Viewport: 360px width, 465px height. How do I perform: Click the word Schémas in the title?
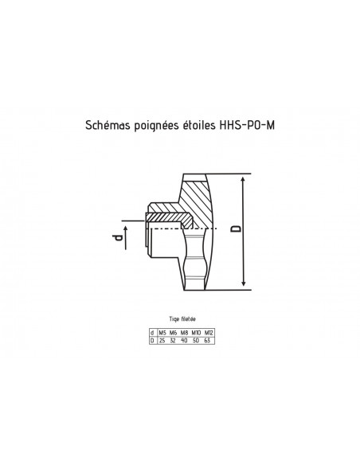click(108, 125)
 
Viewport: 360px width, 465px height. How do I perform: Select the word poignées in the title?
click(156, 126)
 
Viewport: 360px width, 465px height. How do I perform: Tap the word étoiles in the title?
click(198, 125)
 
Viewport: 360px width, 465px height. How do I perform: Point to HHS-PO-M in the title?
click(248, 125)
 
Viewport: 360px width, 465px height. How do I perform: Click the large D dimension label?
click(237, 229)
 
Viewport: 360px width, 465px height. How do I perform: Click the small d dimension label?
click(117, 237)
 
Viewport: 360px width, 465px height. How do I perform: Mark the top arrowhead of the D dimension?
click(244, 180)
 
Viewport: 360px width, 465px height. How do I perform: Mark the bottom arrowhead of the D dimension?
click(244, 283)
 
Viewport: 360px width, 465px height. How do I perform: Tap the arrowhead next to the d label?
click(126, 229)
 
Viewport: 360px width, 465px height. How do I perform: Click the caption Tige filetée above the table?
click(182, 319)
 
